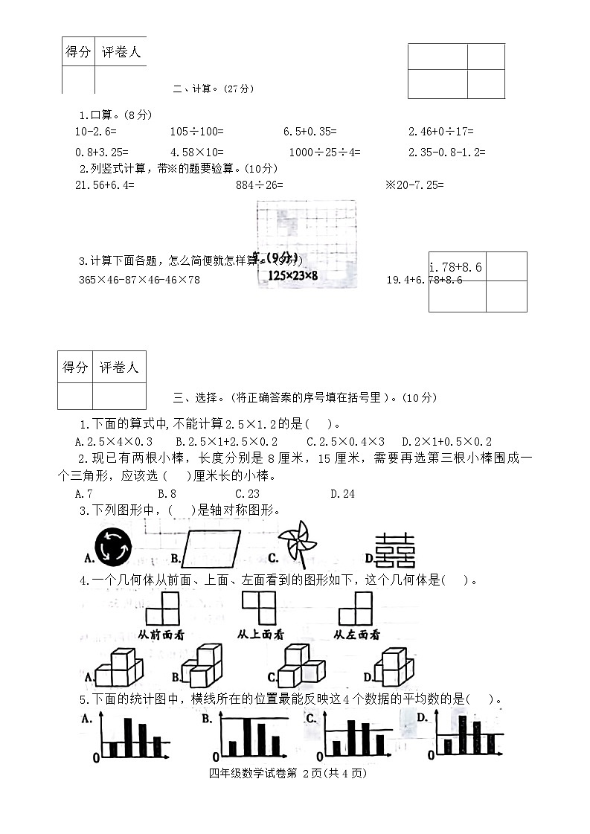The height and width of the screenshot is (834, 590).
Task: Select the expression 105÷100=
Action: (x=196, y=132)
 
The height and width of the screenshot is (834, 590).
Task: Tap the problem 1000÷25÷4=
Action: (x=324, y=152)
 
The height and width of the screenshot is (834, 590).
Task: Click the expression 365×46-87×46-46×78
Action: (x=139, y=280)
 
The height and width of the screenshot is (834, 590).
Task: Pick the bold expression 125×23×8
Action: (x=293, y=275)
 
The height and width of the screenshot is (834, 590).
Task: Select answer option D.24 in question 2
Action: (x=342, y=493)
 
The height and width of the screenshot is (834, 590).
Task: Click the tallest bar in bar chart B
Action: (x=246, y=737)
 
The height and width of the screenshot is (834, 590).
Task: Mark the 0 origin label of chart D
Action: (x=431, y=755)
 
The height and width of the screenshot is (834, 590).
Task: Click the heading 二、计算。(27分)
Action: (x=214, y=89)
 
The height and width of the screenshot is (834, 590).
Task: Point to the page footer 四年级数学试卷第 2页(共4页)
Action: (x=289, y=773)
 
